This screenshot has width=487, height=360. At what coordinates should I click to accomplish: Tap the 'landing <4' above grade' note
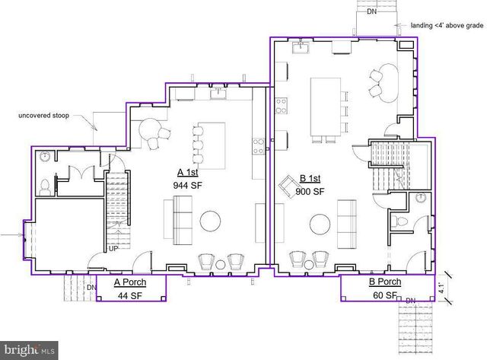point(447,24)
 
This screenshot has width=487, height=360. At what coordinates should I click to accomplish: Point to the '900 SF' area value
point(310,191)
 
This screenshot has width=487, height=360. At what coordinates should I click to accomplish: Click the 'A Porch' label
point(130,282)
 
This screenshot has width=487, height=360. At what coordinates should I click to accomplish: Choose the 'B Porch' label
point(385,282)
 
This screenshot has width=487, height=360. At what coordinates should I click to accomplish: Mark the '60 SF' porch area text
point(384,295)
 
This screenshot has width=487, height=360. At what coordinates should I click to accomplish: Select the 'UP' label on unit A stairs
point(113,249)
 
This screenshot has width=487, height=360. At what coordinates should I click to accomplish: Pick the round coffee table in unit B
point(320,226)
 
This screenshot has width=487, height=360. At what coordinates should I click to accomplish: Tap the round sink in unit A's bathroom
point(45,157)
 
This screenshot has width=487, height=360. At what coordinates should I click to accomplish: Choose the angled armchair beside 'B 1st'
point(290,186)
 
